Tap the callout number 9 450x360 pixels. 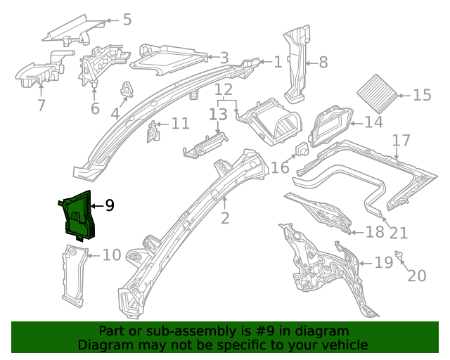click(109, 205)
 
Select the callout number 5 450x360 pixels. click(127, 19)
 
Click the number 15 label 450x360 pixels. click(422, 96)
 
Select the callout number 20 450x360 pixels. click(416, 276)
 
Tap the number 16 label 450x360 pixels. click(280, 167)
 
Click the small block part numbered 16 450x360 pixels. click(302, 150)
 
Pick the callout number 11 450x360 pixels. click(180, 124)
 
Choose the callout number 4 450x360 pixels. click(115, 112)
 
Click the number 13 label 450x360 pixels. click(218, 113)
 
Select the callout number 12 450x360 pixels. click(223, 89)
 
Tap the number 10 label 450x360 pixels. click(112, 255)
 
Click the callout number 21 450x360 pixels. click(399, 233)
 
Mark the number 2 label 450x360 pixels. click(224, 218)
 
